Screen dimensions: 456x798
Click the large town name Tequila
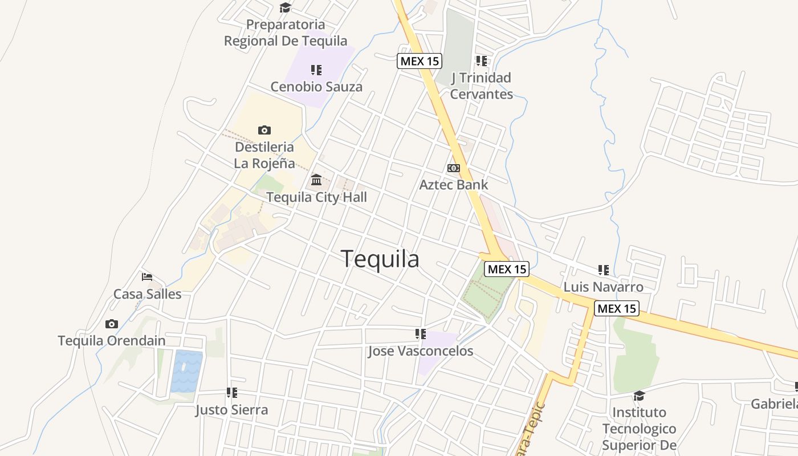(380, 259)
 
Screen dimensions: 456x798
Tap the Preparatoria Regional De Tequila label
(286, 33)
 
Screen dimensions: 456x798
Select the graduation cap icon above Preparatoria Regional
(285, 8)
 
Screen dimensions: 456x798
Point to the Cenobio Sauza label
(316, 87)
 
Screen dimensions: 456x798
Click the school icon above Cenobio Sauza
(316, 70)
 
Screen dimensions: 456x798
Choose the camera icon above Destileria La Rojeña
(264, 131)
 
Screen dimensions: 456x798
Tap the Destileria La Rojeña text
(264, 155)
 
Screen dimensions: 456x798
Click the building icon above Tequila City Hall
(316, 181)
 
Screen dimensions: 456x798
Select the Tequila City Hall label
(316, 197)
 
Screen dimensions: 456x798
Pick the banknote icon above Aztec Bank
(454, 168)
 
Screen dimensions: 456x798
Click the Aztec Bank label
(454, 185)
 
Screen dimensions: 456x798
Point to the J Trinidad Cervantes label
(481, 85)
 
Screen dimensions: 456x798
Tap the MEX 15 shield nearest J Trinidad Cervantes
(420, 61)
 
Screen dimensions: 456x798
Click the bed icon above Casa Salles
(147, 278)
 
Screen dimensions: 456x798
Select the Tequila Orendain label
(112, 341)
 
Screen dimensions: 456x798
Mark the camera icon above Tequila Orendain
(112, 324)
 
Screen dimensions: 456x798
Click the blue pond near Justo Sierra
(187, 370)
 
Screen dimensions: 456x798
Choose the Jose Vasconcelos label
(421, 351)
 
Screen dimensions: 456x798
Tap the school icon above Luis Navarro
(604, 270)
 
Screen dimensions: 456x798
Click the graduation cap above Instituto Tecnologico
(639, 396)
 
